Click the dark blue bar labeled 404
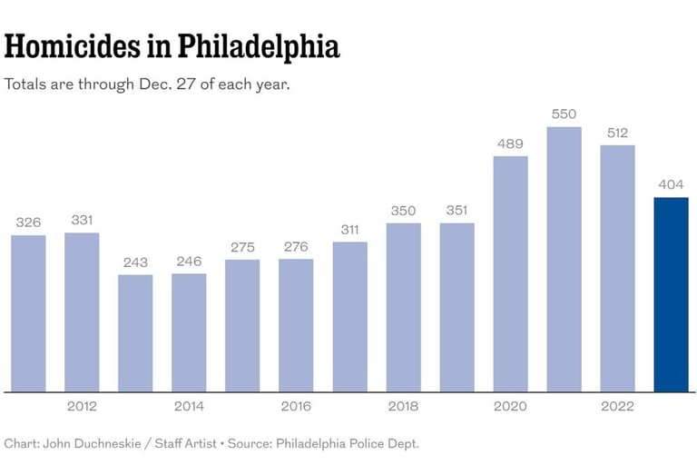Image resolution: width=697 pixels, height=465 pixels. click(x=671, y=294)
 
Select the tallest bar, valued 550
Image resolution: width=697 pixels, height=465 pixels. click(x=564, y=259)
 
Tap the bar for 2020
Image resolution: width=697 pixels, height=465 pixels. click(x=510, y=273)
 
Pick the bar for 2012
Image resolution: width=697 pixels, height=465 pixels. click(x=82, y=312)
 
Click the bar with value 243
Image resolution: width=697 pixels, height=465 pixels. click(x=135, y=332)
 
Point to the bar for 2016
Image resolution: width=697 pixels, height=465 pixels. click(x=296, y=325)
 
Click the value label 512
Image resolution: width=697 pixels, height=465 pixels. click(x=617, y=133)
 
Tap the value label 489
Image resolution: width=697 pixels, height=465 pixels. click(x=510, y=143)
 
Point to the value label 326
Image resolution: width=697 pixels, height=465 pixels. click(x=28, y=223)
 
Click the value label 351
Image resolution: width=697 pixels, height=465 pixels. click(x=456, y=211)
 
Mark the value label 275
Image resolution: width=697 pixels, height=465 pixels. click(x=242, y=247)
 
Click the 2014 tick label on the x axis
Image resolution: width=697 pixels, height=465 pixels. click(x=189, y=406)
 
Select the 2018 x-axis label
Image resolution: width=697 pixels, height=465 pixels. click(x=403, y=406)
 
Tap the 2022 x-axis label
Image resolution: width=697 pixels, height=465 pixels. click(x=617, y=406)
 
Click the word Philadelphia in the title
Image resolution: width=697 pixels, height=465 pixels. click(x=258, y=46)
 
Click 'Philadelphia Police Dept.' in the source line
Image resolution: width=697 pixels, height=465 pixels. click(x=346, y=444)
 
